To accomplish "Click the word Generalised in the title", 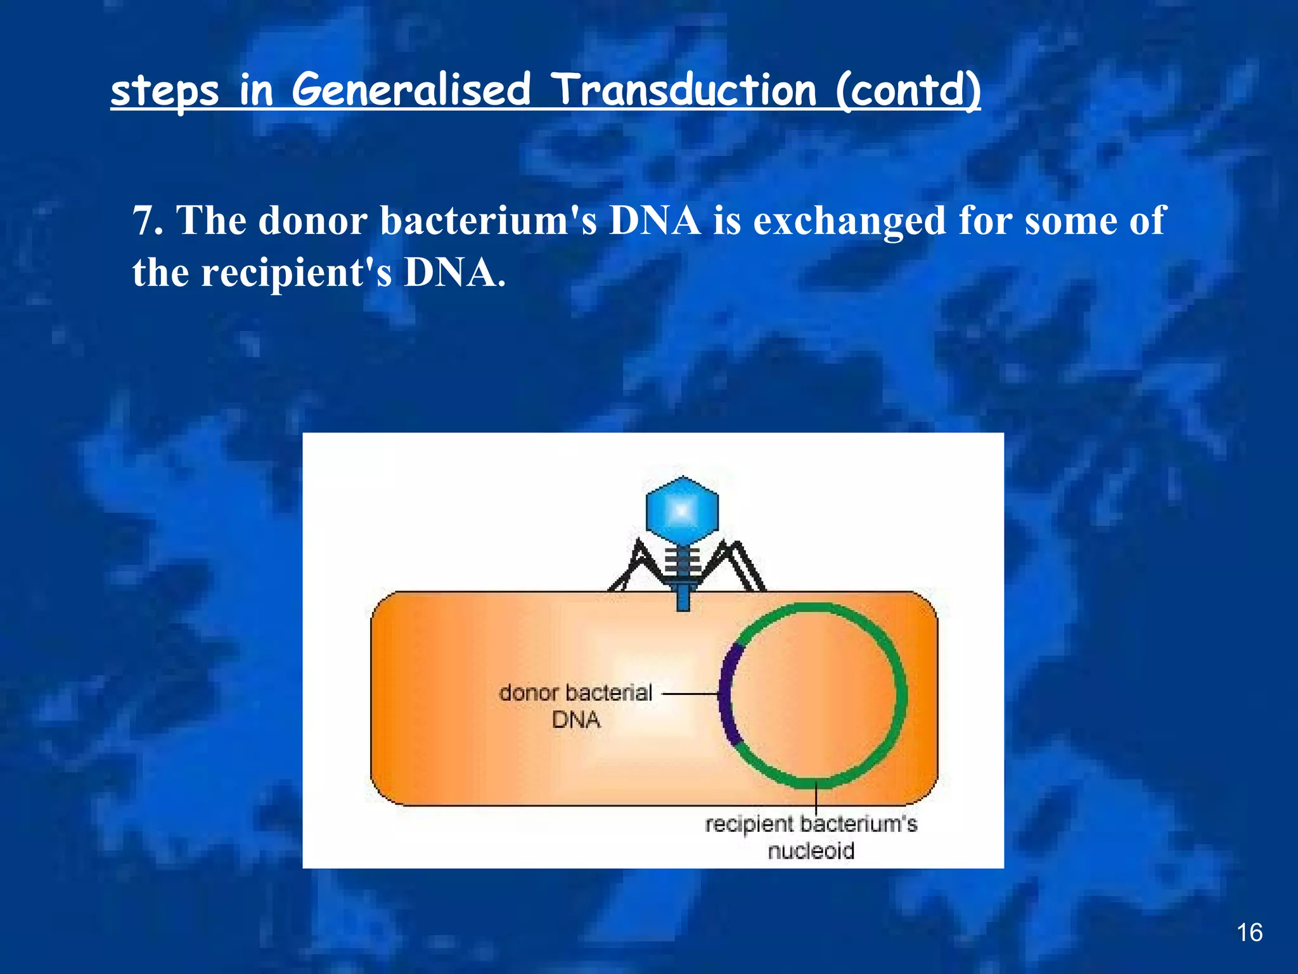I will (411, 90).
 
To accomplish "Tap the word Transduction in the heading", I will (683, 90).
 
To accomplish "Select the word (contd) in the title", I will (908, 90).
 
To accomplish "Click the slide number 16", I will (1249, 933).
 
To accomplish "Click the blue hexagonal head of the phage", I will (682, 511).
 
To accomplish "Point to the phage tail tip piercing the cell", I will (683, 599).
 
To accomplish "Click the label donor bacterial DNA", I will (575, 706).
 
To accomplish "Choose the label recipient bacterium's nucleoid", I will (811, 837).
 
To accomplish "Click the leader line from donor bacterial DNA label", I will (691, 694).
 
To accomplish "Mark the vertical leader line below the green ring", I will (816, 798).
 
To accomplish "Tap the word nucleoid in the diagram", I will (811, 851).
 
